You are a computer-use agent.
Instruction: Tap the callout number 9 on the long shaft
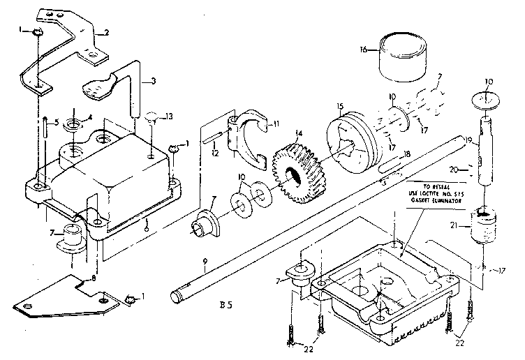205,264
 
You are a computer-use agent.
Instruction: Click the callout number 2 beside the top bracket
107,33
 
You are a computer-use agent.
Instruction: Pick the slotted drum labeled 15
353,139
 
